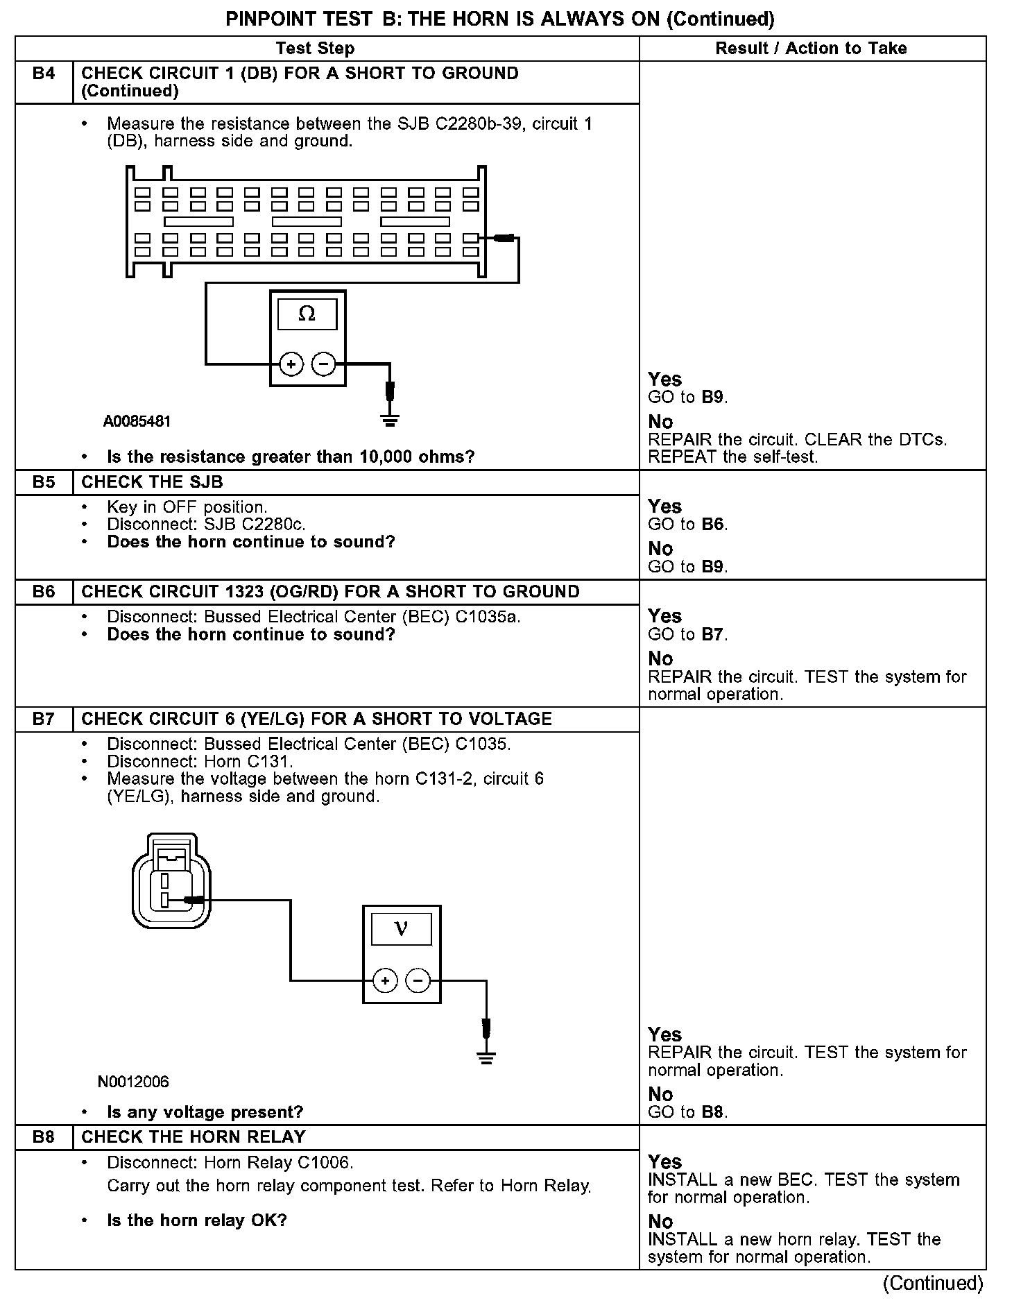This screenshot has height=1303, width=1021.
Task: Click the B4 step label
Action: [44, 74]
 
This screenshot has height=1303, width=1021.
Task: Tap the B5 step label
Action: [44, 482]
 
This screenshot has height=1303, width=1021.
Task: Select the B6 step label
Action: [44, 592]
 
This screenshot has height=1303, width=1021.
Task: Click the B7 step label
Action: [44, 719]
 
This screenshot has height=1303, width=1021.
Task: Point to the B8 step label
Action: [44, 1136]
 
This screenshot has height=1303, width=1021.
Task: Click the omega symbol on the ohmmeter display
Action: [307, 314]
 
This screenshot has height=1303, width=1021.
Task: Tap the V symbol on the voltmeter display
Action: [401, 928]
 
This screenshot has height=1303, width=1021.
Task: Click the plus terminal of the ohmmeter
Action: [291, 364]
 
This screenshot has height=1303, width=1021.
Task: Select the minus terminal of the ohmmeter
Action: [323, 364]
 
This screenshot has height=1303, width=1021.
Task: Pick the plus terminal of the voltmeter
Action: [385, 980]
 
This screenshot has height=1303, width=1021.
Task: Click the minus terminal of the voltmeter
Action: [417, 980]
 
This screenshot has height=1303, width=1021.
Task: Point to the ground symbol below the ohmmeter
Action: [391, 419]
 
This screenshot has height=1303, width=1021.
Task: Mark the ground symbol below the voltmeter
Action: [486, 1057]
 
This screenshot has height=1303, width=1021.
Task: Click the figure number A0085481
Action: [137, 421]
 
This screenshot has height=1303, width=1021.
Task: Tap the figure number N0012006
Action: [133, 1082]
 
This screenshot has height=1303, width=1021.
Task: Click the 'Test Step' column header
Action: [315, 49]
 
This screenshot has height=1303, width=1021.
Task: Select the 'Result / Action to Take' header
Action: [811, 49]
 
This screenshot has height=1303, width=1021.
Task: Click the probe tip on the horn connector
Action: [194, 900]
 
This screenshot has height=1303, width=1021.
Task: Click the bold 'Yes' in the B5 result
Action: [664, 506]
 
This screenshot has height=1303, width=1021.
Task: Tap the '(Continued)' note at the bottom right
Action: [933, 1283]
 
